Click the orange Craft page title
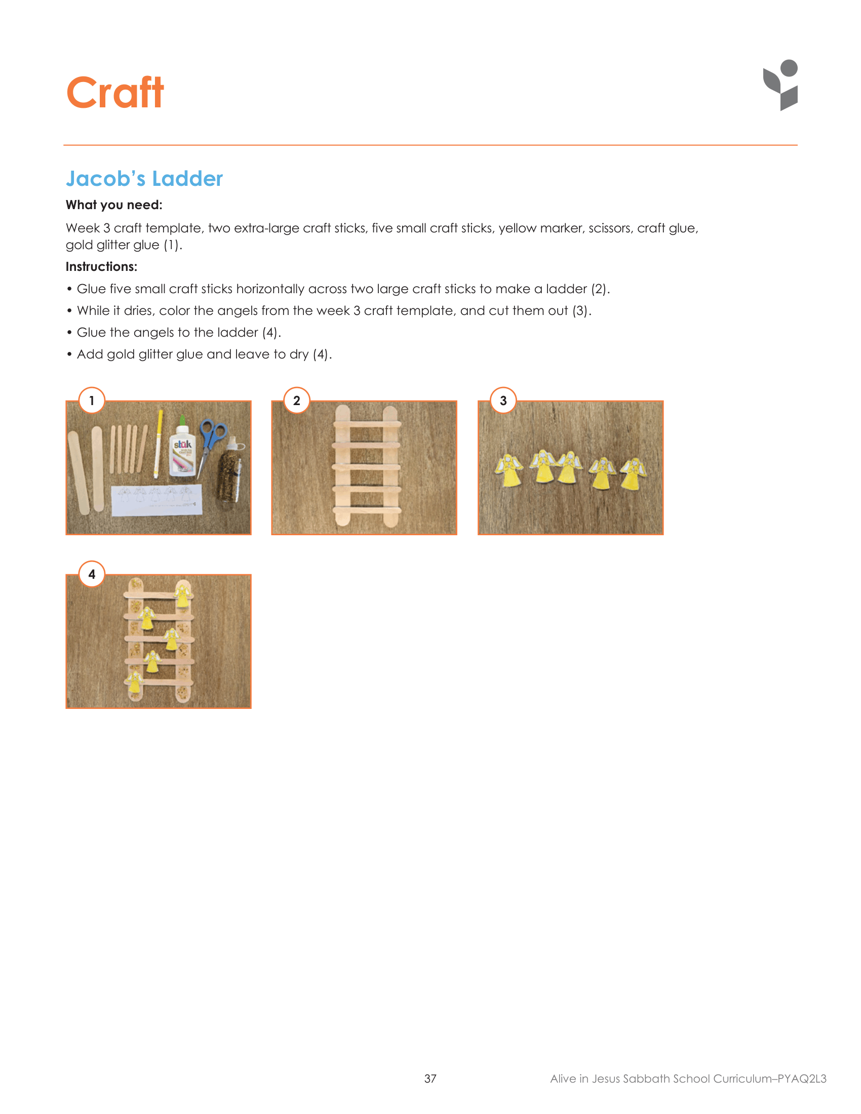pos(115,93)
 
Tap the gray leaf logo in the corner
pos(781,85)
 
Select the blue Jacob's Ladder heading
pos(144,179)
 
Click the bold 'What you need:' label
pos(114,205)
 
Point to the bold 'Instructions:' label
pos(101,267)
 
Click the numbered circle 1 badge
pos(92,401)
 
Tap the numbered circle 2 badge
pos(297,401)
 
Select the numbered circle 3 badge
pos(503,401)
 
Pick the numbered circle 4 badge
pos(92,574)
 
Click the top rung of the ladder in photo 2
pos(367,423)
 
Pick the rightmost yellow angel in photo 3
pos(634,473)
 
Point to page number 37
pos(430,1078)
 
